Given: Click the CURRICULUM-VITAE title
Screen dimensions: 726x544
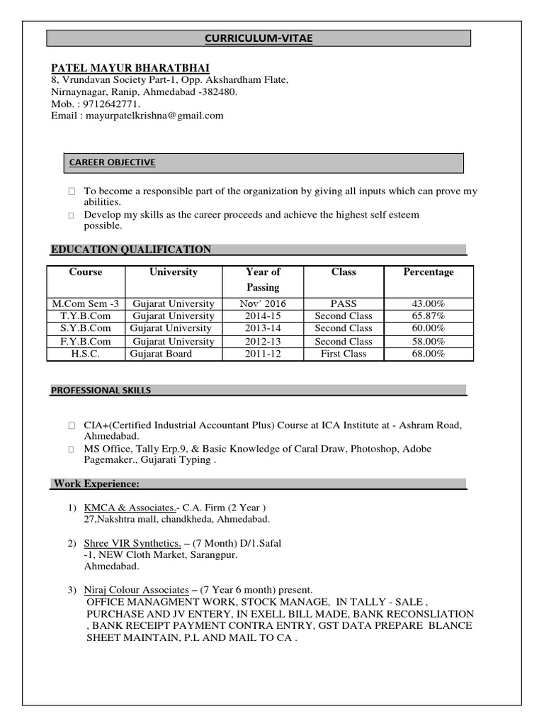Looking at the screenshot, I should tap(259, 38).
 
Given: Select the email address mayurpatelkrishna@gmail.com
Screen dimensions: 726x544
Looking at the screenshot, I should tap(154, 115).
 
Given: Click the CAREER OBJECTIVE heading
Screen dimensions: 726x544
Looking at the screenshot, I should tap(112, 162).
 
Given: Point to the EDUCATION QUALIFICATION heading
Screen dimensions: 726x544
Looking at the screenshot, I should tap(131, 250).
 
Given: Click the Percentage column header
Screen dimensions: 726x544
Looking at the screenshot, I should tap(429, 272).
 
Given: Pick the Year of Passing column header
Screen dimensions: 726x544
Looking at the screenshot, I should tap(263, 279).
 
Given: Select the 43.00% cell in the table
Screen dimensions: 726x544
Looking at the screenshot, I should tap(429, 303).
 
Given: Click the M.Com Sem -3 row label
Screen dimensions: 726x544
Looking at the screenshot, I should tap(86, 303).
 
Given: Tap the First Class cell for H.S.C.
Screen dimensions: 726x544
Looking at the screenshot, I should tap(344, 354).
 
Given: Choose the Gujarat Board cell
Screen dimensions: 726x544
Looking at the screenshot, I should tap(161, 354).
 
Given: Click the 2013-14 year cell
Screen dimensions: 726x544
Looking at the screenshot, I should tap(263, 328).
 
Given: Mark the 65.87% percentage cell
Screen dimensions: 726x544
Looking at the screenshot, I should tap(429, 316).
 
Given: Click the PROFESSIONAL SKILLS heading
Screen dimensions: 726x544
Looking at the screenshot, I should tap(101, 390).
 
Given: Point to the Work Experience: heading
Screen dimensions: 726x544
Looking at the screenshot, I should tap(97, 484).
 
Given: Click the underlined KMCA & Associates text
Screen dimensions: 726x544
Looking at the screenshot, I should tap(130, 508).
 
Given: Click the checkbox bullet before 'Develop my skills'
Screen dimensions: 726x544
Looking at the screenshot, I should tap(72, 215).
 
